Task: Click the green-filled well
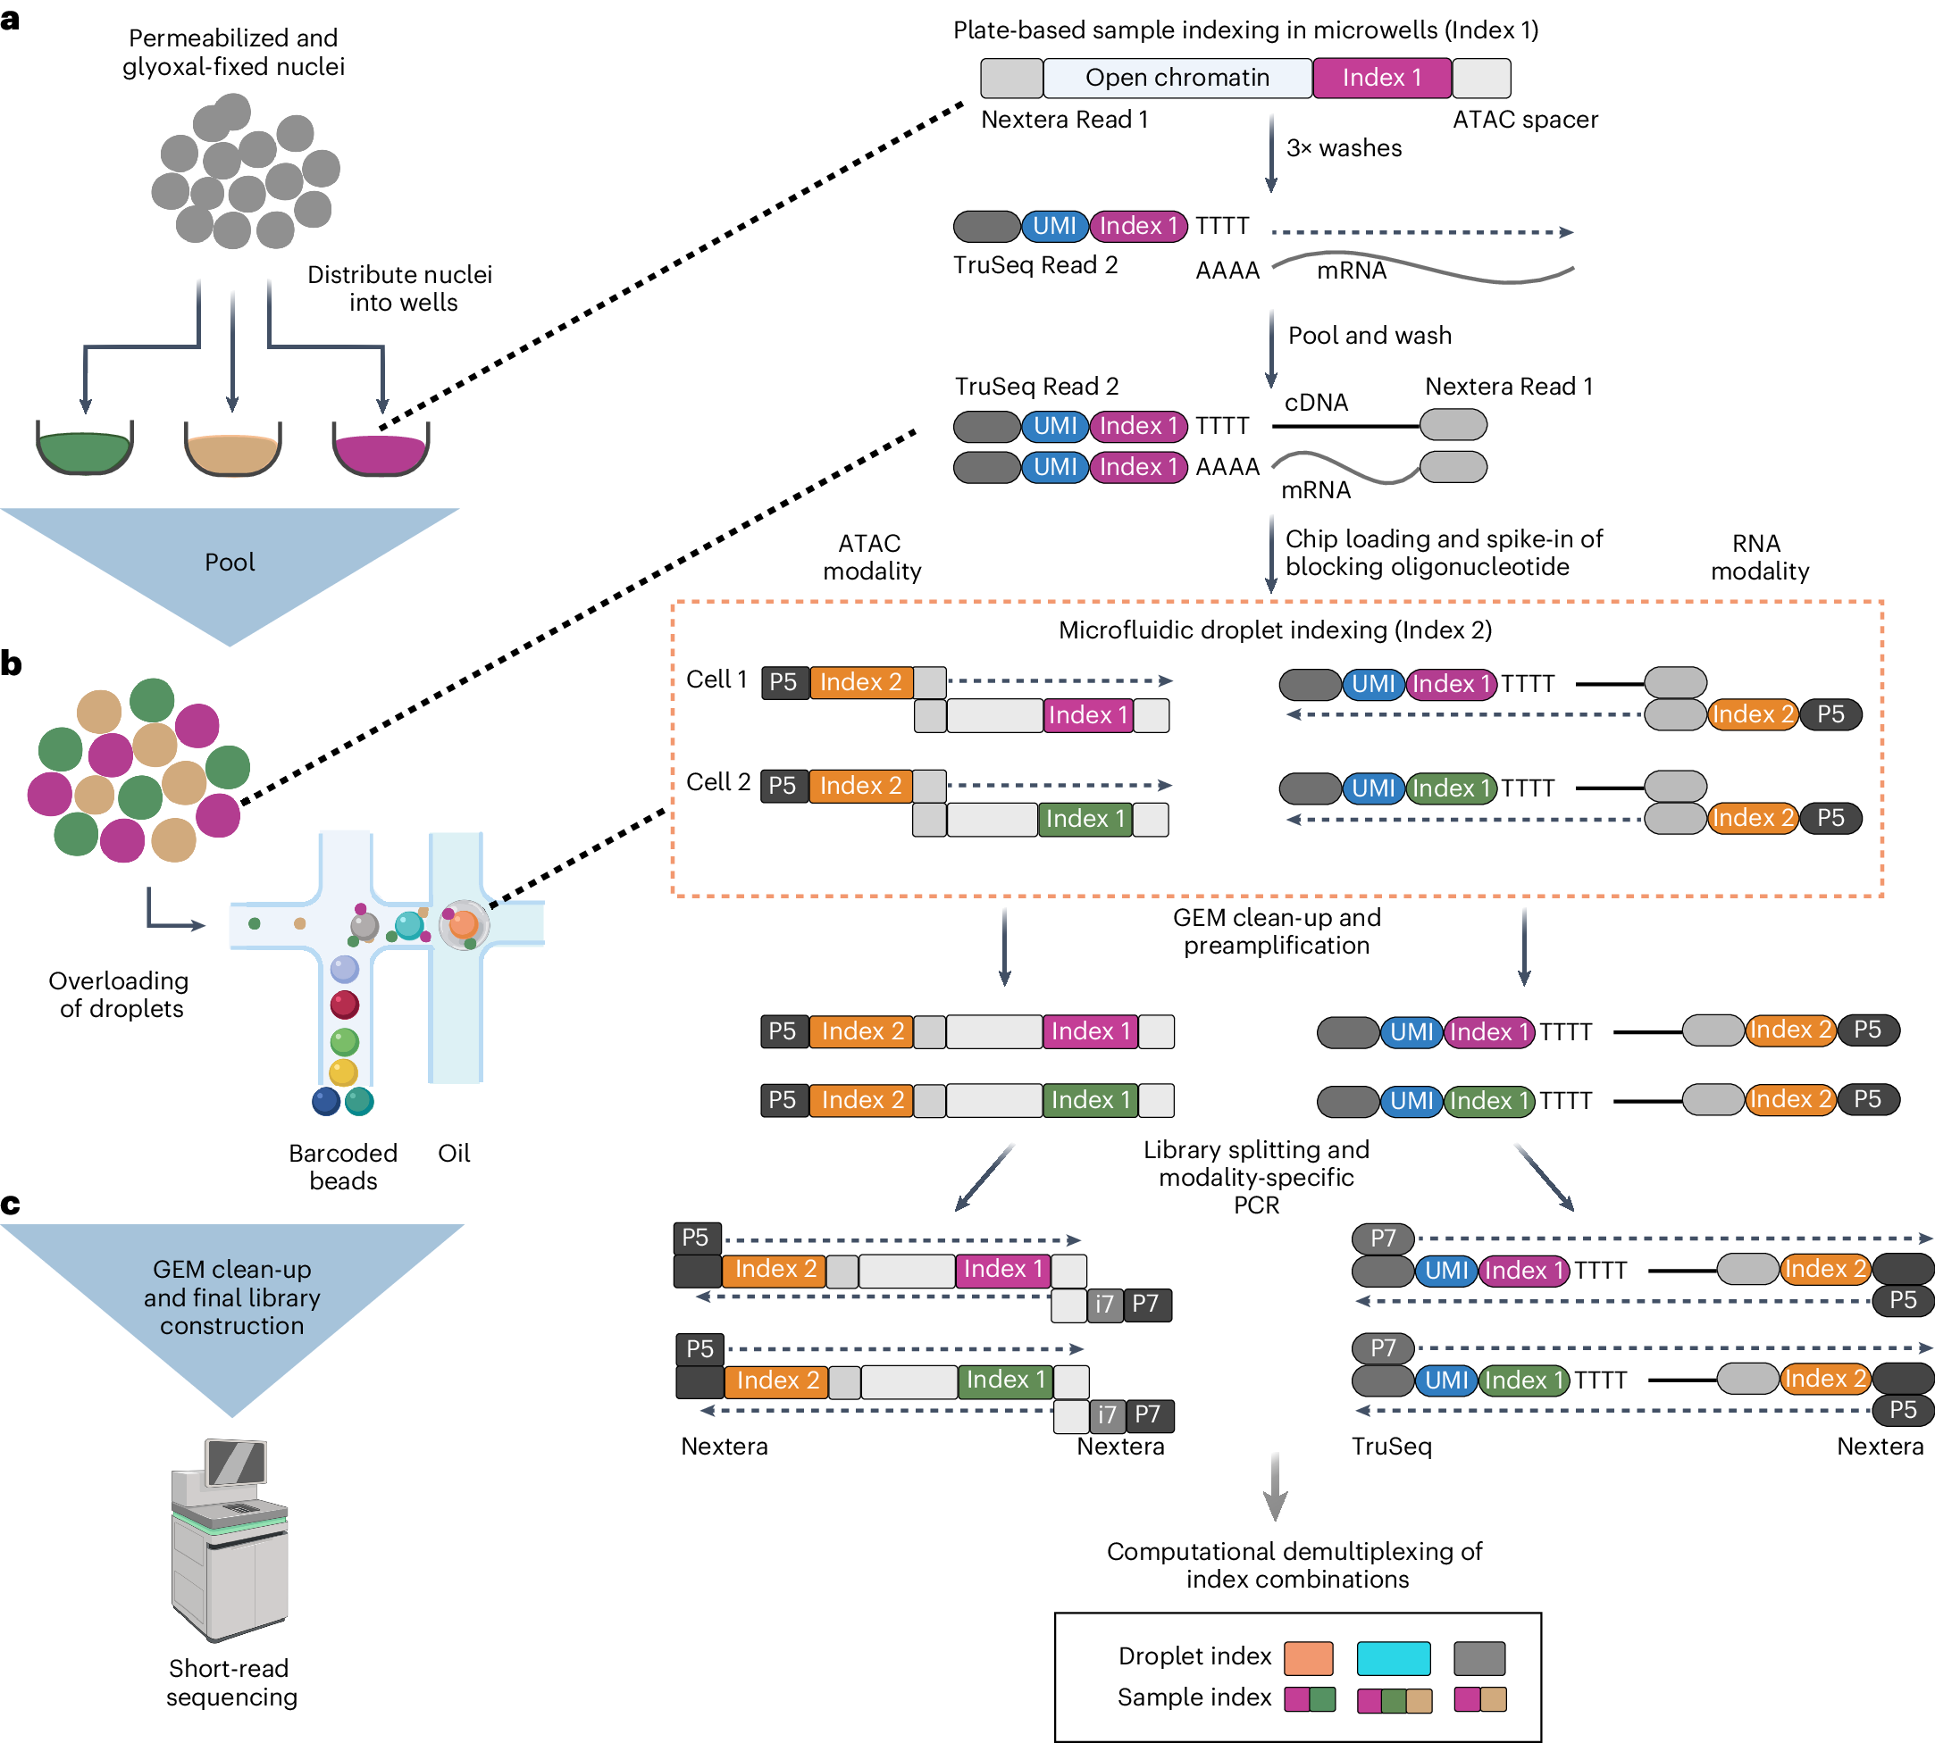tap(84, 451)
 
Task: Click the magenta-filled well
tap(381, 453)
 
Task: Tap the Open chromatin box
tap(1177, 78)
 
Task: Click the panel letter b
tap(12, 663)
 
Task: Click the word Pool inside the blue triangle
tap(230, 563)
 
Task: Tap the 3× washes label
tap(1343, 148)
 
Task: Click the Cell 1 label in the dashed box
tap(716, 679)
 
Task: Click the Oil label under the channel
tap(454, 1153)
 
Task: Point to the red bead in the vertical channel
tap(344, 1005)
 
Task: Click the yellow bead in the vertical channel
tap(343, 1072)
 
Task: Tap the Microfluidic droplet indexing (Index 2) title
tap(1275, 630)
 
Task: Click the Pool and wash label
tap(1369, 336)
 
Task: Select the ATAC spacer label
tap(1525, 120)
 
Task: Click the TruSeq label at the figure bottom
tap(1391, 1447)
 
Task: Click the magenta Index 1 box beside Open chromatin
tap(1381, 78)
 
